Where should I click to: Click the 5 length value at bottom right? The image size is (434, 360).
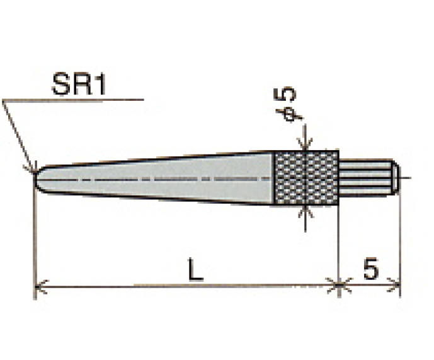(x=370, y=269)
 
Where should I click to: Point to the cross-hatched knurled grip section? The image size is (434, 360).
(x=306, y=178)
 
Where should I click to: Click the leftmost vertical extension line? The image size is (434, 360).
(x=33, y=240)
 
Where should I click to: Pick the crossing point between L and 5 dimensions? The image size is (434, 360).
(x=339, y=287)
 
